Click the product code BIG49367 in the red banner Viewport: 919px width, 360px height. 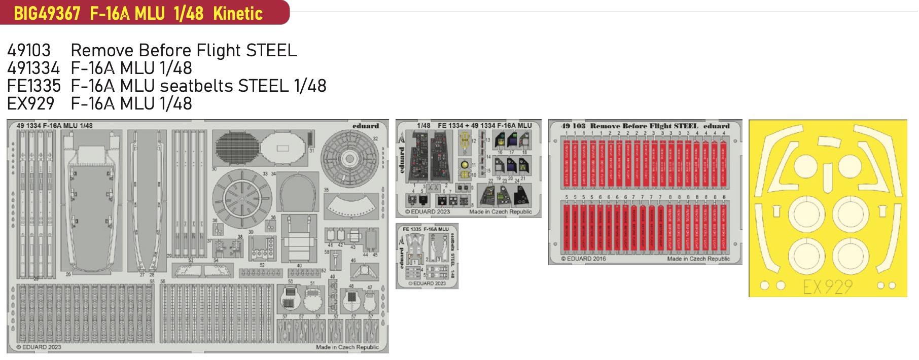pyautogui.click(x=47, y=13)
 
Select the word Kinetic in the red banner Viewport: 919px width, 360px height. pyautogui.click(x=238, y=13)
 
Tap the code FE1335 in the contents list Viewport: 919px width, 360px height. pyautogui.click(x=33, y=86)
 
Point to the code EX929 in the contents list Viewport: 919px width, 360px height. pyautogui.click(x=30, y=103)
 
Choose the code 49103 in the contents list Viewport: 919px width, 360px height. pyautogui.click(x=29, y=50)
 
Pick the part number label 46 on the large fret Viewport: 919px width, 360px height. pyautogui.click(x=354, y=261)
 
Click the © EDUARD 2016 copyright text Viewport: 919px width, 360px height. pyautogui.click(x=583, y=259)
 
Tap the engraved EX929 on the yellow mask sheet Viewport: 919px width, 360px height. pyautogui.click(x=827, y=287)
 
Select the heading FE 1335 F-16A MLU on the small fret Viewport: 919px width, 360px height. pyautogui.click(x=426, y=229)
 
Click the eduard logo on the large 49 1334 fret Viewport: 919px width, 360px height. pyautogui.click(x=366, y=126)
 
